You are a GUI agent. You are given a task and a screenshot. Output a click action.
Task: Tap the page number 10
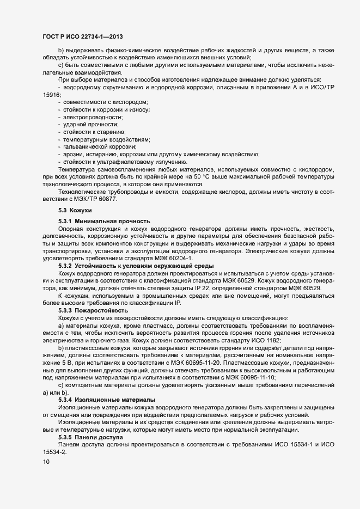point(45,462)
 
